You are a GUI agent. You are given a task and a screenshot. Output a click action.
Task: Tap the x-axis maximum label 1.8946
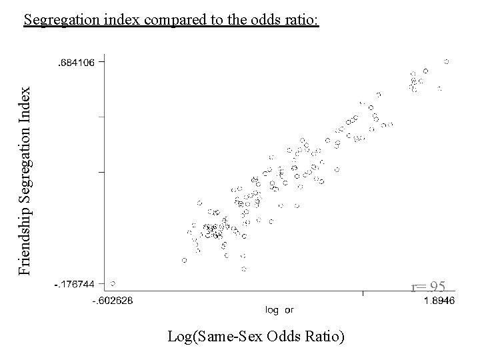click(x=439, y=300)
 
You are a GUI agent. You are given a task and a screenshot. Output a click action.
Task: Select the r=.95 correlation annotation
click(x=428, y=287)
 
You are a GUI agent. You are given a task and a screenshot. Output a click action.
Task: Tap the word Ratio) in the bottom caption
click(x=324, y=337)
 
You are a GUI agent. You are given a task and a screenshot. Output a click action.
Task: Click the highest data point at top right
click(x=447, y=61)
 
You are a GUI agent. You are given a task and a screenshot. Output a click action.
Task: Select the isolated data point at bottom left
click(x=113, y=283)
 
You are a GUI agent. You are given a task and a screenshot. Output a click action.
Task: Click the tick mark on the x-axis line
click(x=363, y=293)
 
